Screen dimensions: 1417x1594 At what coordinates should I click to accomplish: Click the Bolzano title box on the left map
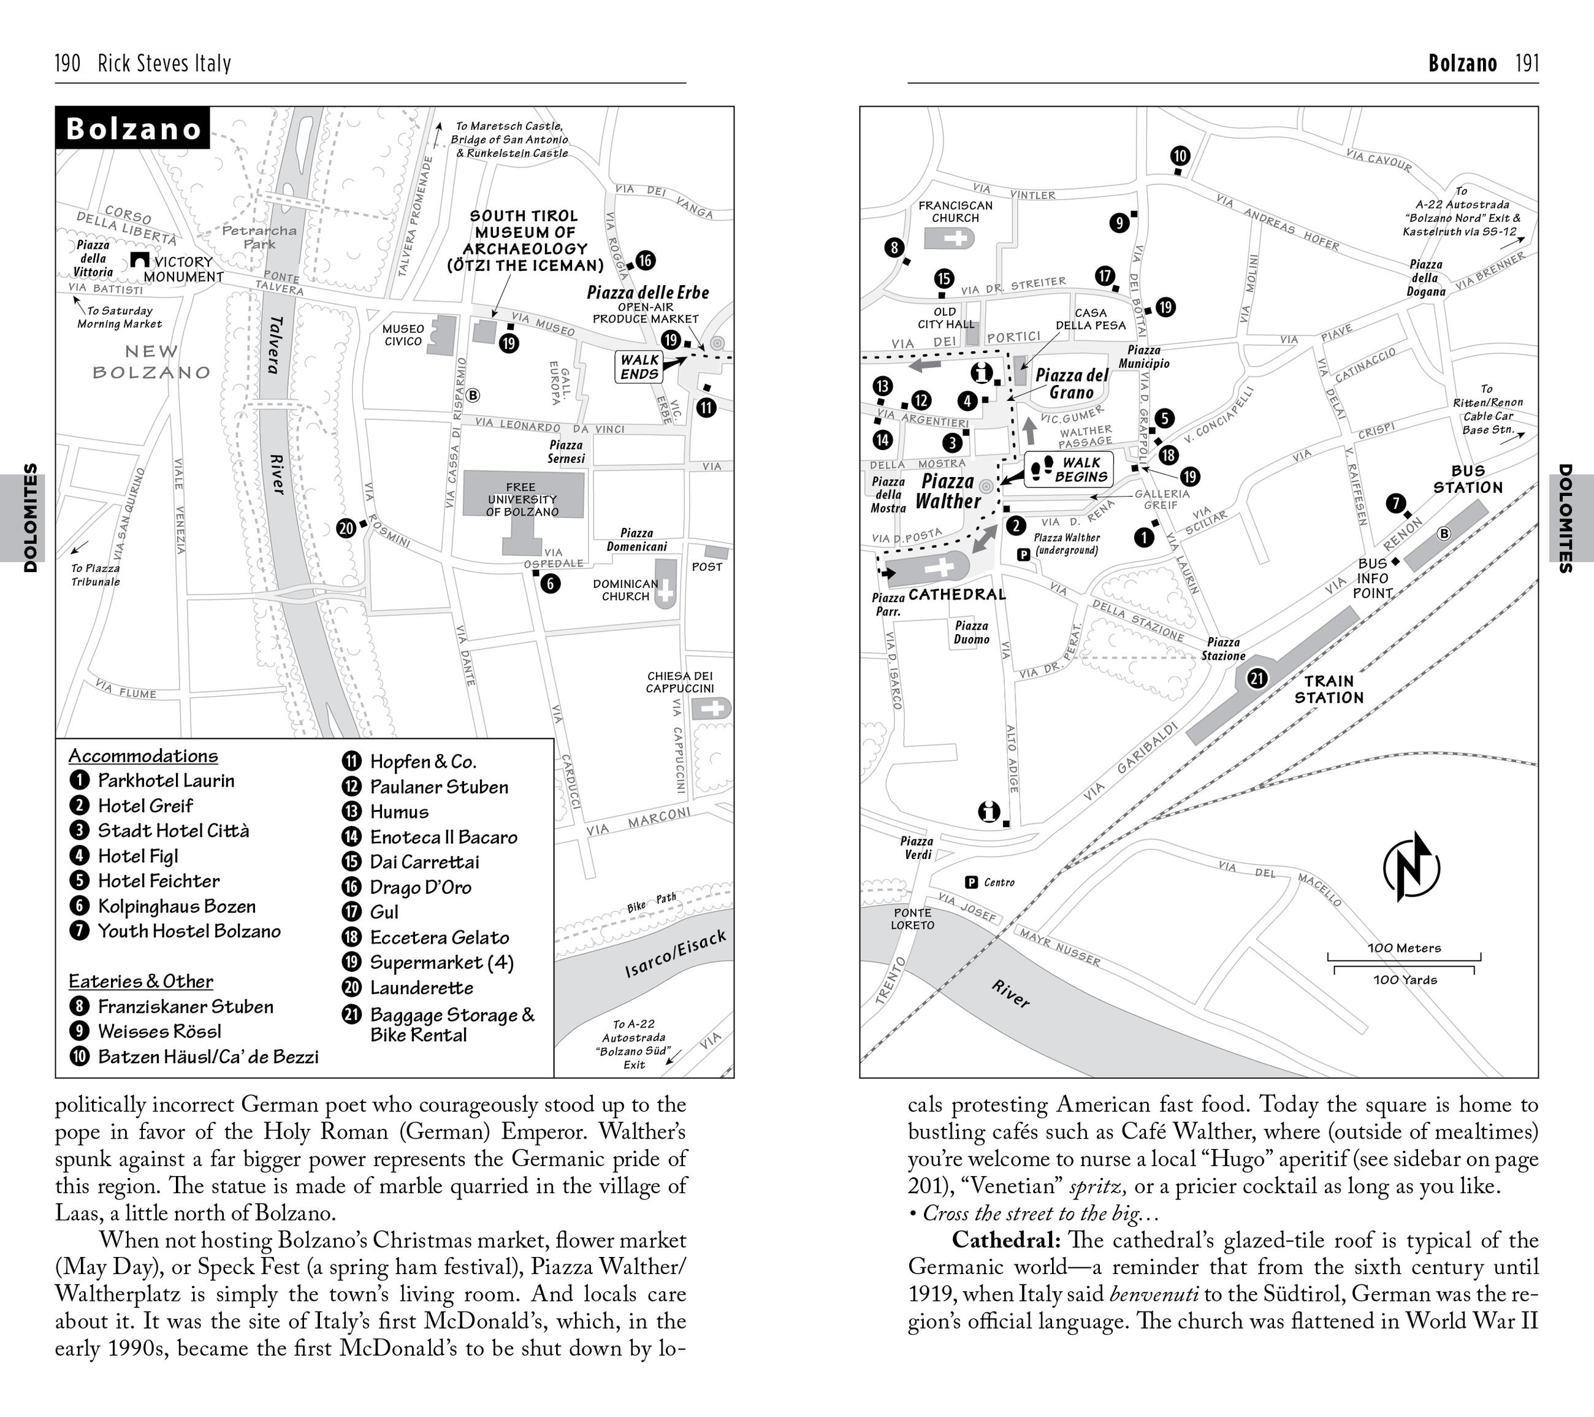click(132, 129)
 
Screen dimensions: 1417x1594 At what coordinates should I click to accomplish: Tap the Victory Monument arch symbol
click(140, 260)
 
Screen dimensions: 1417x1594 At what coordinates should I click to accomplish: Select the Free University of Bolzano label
click(522, 499)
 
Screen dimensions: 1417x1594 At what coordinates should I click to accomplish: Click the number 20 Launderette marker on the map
click(346, 528)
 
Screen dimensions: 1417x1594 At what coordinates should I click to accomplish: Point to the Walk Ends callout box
click(639, 367)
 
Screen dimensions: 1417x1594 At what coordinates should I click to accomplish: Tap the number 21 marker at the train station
click(1257, 679)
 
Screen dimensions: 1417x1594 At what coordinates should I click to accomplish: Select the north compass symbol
click(1411, 866)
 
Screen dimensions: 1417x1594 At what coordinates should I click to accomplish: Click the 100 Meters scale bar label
click(1404, 949)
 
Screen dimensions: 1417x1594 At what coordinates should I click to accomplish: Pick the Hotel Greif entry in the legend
click(145, 806)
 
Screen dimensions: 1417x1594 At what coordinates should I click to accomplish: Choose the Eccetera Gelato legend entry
click(439, 938)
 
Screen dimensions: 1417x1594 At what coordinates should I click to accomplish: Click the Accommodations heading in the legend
click(143, 755)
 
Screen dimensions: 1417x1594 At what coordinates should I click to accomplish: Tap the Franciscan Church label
click(955, 212)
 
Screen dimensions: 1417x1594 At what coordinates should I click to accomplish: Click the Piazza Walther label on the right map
click(947, 491)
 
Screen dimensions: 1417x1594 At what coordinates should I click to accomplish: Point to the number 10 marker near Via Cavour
click(1180, 156)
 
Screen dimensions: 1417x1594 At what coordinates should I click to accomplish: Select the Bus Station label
click(1467, 479)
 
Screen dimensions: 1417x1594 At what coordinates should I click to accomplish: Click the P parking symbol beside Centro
click(972, 882)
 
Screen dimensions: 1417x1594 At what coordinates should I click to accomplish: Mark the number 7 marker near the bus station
click(1396, 503)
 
